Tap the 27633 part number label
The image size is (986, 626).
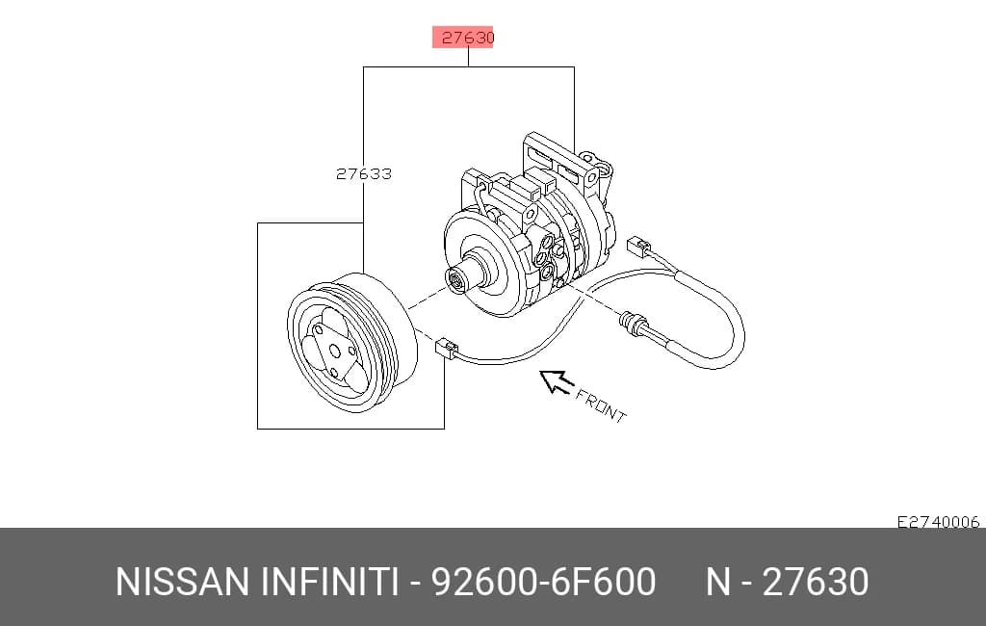(x=363, y=173)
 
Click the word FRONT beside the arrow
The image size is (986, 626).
(x=601, y=406)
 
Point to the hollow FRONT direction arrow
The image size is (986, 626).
(x=556, y=381)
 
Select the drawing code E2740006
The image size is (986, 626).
(x=938, y=522)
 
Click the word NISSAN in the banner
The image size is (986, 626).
(x=182, y=582)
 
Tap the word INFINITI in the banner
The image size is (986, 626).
(x=329, y=582)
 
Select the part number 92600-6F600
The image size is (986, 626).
(x=543, y=582)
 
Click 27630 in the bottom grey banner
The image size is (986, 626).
(x=816, y=582)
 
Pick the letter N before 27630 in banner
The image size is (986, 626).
(x=718, y=582)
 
